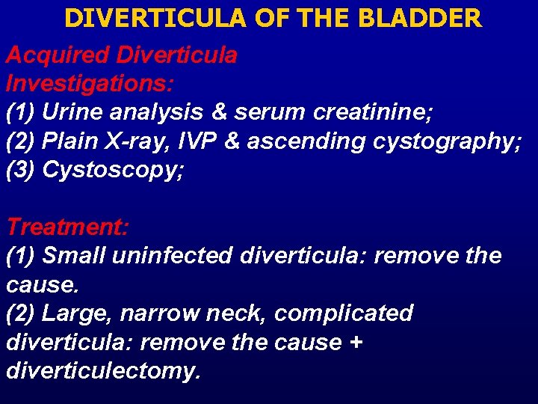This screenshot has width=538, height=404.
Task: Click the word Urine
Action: [72, 112]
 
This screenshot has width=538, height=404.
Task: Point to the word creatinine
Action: [371, 112]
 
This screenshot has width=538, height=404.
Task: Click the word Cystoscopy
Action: [112, 171]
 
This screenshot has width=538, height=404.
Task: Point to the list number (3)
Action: [21, 171]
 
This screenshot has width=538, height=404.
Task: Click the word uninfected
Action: [173, 256]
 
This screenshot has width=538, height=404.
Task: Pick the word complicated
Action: [344, 313]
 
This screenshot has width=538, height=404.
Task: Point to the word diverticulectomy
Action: [103, 371]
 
